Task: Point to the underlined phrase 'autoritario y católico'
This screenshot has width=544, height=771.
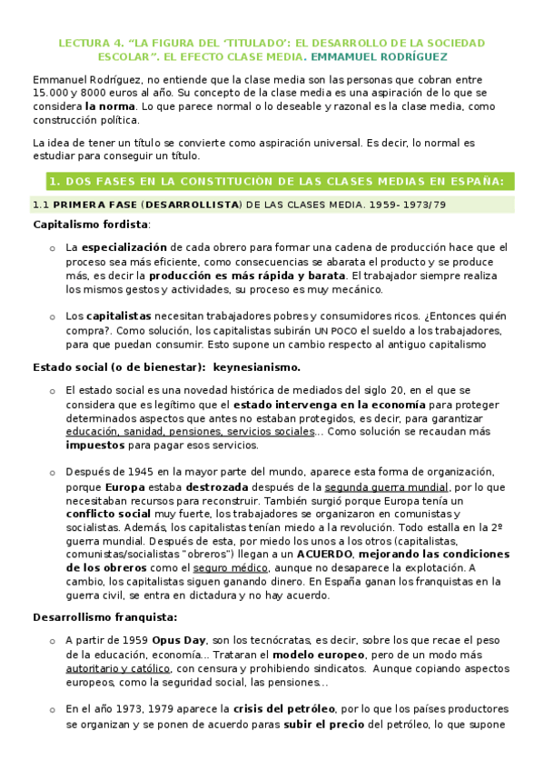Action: click(126, 668)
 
